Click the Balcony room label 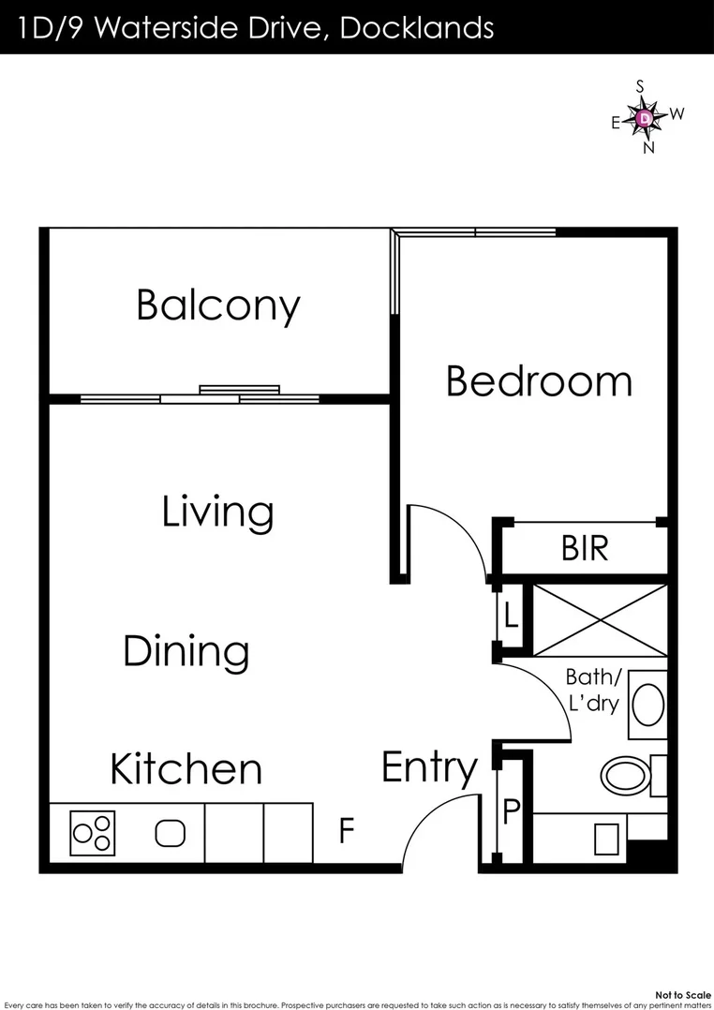pos(218,305)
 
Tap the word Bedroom pos(539,381)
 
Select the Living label pos(217,512)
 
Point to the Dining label pos(186,651)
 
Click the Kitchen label pos(186,769)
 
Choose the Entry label pos(429,769)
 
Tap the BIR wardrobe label pos(585,548)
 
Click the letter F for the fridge pos(346,831)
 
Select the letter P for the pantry pos(511,811)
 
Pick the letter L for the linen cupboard pos(510,616)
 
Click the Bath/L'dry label pos(592,690)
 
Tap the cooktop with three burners pos(93,833)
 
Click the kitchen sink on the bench pos(170,833)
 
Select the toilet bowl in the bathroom pos(623,775)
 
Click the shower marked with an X pos(600,619)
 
